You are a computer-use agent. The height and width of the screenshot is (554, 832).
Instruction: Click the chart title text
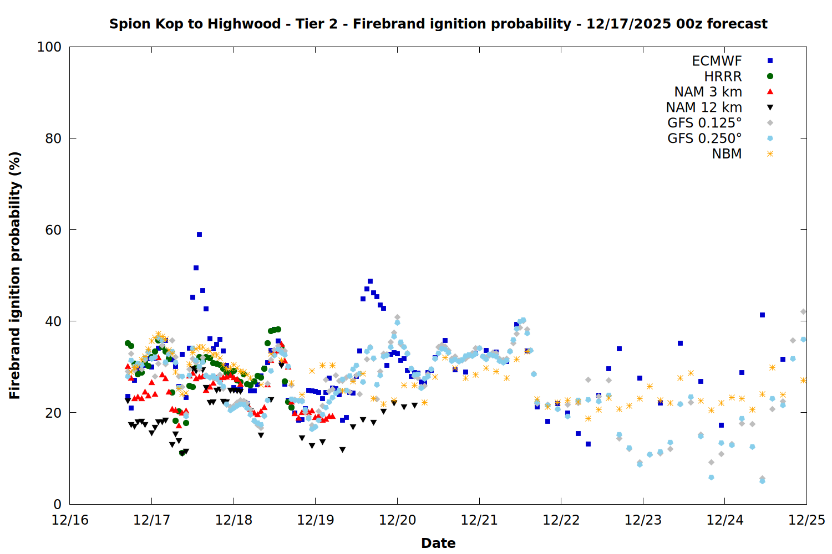pos(438,24)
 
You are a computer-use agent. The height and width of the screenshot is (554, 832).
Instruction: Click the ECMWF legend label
pos(717,61)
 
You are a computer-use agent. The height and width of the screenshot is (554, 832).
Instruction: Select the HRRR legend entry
pos(723,76)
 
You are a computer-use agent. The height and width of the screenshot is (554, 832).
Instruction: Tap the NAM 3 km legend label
pos(708,92)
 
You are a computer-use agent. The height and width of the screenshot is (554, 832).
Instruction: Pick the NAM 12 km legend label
pos(704,107)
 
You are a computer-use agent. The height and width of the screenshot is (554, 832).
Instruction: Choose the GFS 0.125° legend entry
pos(704,123)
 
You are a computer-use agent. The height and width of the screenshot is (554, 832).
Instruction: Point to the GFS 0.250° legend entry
pos(704,138)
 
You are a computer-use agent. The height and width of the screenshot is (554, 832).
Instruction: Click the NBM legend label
pos(727,154)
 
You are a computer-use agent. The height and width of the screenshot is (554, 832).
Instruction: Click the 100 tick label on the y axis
pos(49,47)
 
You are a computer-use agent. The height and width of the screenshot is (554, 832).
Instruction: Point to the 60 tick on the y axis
pos(53,230)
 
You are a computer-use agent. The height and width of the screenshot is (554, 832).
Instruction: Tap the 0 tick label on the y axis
pos(57,504)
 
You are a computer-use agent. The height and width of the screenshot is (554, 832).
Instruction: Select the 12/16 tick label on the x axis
pos(70,520)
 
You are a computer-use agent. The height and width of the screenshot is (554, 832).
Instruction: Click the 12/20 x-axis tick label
pos(397,520)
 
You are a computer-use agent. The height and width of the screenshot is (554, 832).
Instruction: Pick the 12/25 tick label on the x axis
pos(806,520)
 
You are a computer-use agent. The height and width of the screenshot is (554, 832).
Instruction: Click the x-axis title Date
pos(438,543)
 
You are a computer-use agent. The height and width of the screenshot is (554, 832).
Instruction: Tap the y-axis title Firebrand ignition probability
pos(15,275)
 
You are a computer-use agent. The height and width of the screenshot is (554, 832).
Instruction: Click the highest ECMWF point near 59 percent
pos(199,234)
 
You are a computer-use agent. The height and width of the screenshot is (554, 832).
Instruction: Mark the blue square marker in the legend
pos(770,61)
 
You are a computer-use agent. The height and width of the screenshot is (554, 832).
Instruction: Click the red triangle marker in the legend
pos(770,92)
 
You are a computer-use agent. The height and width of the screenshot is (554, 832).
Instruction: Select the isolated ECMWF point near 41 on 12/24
pos(762,315)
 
